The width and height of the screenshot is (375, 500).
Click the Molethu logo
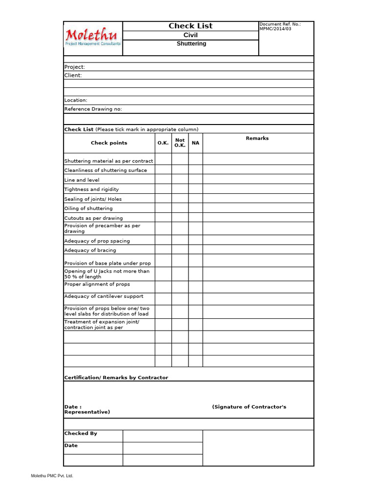pos(93,37)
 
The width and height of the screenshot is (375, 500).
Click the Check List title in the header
pos(190,26)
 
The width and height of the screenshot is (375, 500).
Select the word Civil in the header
pos(190,35)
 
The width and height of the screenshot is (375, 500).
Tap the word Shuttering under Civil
pos(191,44)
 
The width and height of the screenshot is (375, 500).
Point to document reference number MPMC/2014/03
pos(275,29)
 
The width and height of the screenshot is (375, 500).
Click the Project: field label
pos(75,67)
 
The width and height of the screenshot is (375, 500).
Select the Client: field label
pos(73,76)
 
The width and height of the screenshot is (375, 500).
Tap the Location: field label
pos(76,100)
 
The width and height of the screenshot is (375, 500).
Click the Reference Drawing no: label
pos(93,109)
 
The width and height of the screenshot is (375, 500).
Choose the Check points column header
pos(109,143)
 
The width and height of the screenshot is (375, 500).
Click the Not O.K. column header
pos(180,143)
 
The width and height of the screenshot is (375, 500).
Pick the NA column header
pos(195,143)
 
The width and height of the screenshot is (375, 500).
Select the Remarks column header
pos(257,139)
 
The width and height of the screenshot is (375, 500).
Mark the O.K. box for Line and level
pos(163,180)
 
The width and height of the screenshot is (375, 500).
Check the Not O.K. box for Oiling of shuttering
pos(180,208)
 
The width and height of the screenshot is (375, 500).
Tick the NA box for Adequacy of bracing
pos(195,250)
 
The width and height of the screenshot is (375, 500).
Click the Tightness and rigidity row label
pos(91,189)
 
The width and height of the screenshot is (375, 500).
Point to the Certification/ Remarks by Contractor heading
pos(116,377)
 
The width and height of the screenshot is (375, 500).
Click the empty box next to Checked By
pos(162,436)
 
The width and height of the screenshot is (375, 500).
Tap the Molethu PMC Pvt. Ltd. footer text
pos(52,476)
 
